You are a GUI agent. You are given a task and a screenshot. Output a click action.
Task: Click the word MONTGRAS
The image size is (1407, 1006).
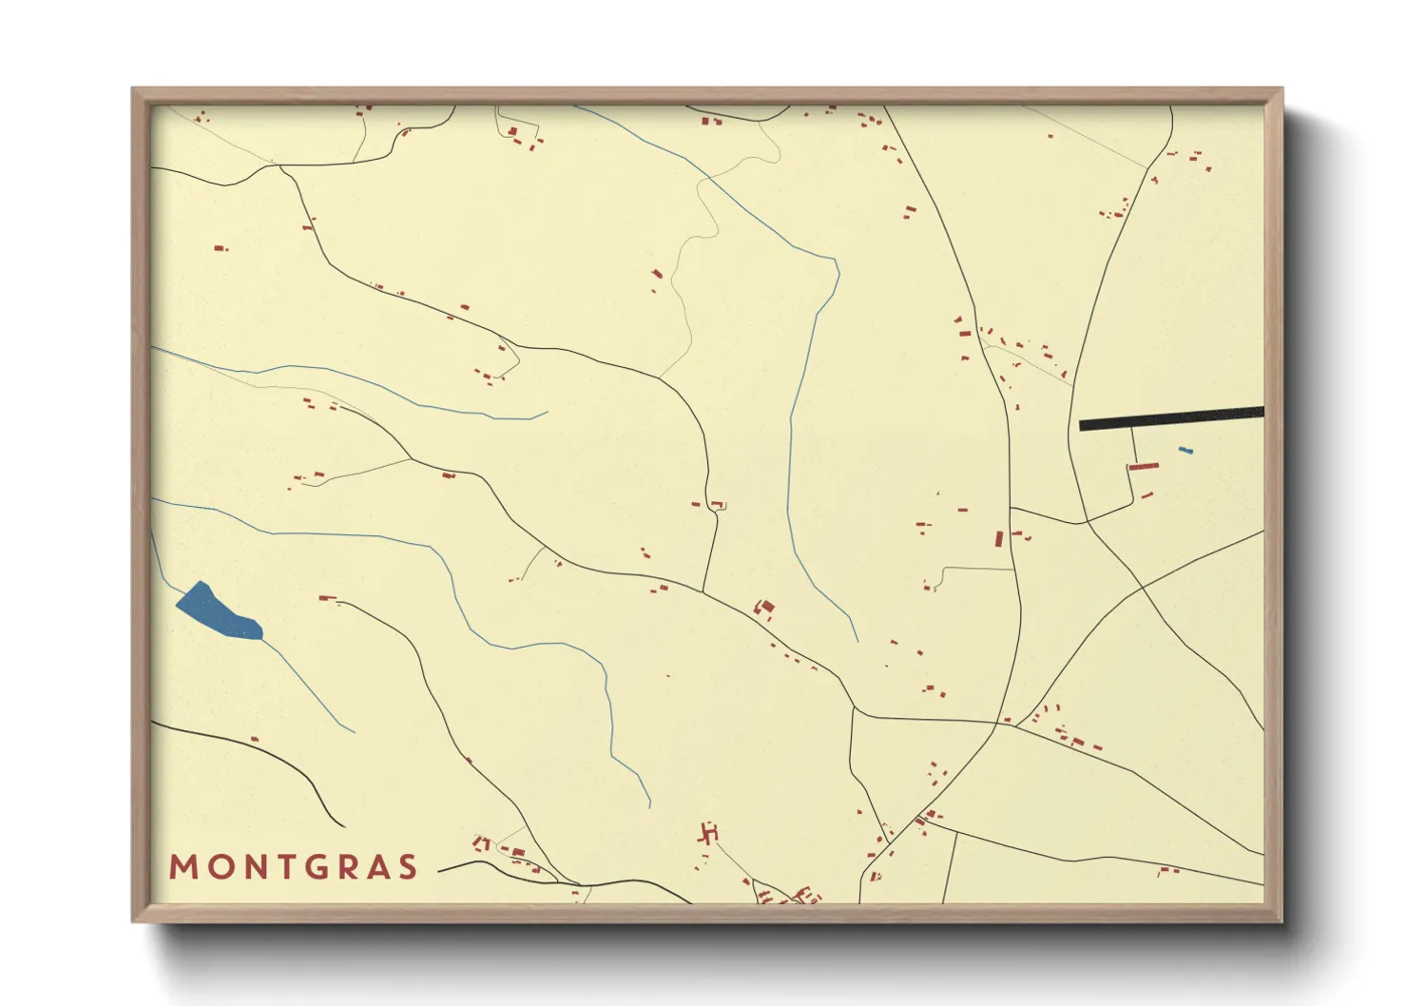pos(294,867)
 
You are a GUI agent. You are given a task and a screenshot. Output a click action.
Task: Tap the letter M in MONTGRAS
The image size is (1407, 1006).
pos(183,867)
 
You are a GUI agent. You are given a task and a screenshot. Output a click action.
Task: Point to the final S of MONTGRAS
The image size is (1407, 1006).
pos(408,867)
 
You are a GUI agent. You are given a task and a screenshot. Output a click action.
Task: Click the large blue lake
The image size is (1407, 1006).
pos(219,611)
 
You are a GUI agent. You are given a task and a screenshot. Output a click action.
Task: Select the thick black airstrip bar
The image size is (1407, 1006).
pos(1171,418)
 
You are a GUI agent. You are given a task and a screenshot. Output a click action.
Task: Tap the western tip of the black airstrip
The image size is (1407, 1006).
pos(1082,426)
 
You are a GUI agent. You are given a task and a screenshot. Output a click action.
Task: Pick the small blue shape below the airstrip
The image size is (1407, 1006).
pos(1185,450)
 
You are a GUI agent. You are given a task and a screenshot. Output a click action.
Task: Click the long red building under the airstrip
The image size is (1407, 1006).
pos(1144,467)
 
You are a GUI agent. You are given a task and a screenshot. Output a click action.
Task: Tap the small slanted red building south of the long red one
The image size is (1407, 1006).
pos(1147,495)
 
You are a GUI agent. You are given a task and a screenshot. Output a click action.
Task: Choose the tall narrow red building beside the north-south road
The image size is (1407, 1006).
pos(999,539)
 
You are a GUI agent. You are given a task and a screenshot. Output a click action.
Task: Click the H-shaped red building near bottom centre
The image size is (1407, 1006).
pos(708,834)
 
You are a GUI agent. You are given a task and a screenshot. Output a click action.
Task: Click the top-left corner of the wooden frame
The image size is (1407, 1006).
pos(134,90)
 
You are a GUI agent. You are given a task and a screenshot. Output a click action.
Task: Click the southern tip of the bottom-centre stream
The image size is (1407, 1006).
pos(650,806)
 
